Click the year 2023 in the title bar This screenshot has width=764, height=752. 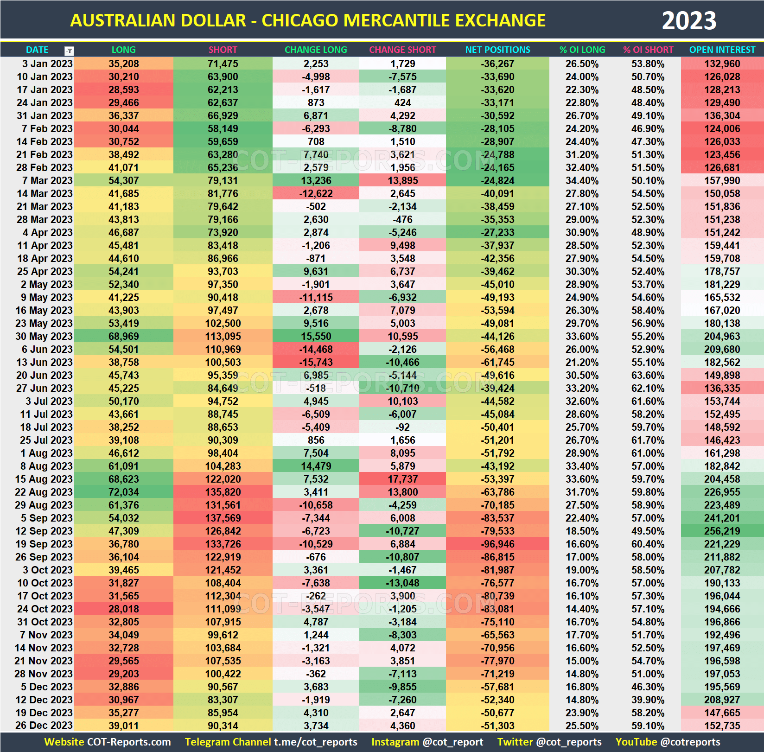click(688, 21)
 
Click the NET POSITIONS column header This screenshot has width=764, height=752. click(497, 50)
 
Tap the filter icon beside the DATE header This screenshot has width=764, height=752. click(69, 51)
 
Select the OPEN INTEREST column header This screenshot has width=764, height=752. click(722, 50)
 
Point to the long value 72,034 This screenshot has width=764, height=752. click(123, 492)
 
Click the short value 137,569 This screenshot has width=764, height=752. click(223, 518)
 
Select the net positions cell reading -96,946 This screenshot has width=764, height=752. click(497, 544)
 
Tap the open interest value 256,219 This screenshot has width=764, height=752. click(722, 531)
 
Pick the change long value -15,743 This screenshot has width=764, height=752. click(316, 362)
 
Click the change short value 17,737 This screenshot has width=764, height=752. click(402, 479)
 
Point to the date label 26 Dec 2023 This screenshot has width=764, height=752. click(44, 726)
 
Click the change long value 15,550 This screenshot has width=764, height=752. click(316, 336)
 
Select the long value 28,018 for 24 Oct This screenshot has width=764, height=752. click(123, 609)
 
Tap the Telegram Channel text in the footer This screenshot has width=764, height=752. click(228, 742)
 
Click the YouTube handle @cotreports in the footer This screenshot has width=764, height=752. click(690, 742)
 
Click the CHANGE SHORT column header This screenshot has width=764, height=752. click(402, 50)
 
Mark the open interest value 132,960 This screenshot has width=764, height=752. click(722, 64)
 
